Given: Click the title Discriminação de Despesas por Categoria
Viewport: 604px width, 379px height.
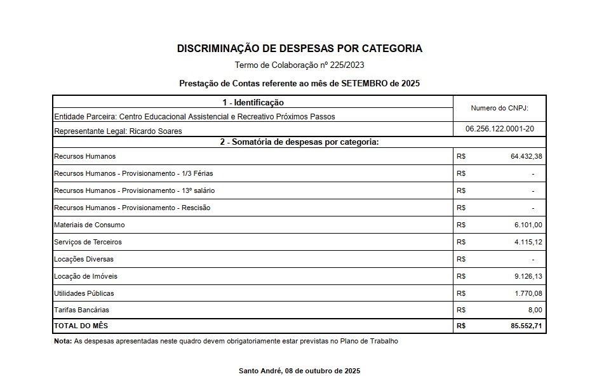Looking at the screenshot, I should tap(299, 48).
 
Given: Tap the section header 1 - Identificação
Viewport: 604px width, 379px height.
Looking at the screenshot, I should tap(253, 102).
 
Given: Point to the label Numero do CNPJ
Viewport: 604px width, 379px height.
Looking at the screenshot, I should tap(499, 109).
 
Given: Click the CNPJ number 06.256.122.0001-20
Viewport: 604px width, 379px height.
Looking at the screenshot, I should tap(499, 129).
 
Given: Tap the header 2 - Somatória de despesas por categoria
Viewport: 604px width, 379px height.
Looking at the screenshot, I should tap(299, 142).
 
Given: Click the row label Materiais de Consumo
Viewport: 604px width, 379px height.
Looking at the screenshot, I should tap(90, 225).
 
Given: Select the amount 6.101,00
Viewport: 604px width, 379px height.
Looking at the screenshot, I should tap(529, 225).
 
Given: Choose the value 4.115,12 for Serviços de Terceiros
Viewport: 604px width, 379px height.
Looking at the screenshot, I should tap(529, 242).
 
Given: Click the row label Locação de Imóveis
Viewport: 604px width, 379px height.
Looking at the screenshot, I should tap(86, 276).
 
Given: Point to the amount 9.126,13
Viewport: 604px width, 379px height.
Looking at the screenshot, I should tap(529, 276).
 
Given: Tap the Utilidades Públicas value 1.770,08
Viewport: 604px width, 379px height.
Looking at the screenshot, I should tap(529, 293).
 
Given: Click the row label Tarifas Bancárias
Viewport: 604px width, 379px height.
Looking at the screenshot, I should tap(82, 310).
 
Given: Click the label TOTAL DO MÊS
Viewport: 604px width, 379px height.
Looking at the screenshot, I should tap(81, 326).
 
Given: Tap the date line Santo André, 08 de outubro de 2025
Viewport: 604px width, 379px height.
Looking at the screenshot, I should tap(299, 371).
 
